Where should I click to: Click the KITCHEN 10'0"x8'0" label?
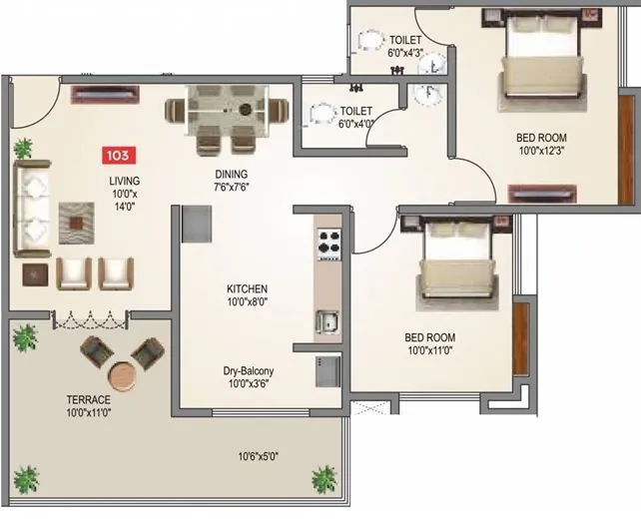(x=247, y=295)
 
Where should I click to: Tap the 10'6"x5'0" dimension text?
(x=257, y=456)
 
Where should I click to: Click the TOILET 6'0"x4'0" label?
(x=356, y=118)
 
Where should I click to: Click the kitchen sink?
(x=327, y=322)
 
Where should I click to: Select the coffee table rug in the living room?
(x=76, y=222)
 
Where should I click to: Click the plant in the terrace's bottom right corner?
(x=322, y=477)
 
